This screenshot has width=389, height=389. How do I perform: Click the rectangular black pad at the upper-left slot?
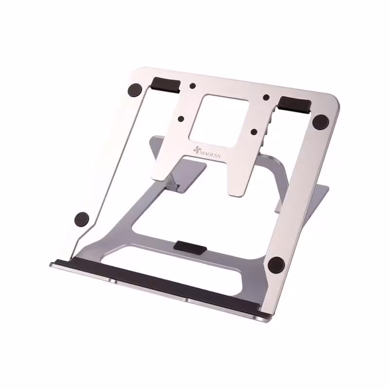[166, 85]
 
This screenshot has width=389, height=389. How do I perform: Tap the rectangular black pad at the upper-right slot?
[295, 105]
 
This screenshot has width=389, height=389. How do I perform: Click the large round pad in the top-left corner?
[135, 90]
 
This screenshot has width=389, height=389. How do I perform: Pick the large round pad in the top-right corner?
[320, 122]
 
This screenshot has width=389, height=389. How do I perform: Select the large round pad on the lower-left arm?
[82, 219]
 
